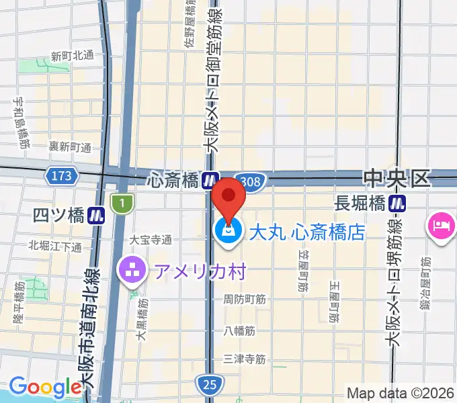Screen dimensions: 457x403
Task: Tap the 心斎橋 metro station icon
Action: tap(211, 179)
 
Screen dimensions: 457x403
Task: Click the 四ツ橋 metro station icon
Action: tap(98, 216)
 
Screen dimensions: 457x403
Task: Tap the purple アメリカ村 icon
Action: tap(130, 271)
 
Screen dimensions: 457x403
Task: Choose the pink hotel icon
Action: tap(440, 224)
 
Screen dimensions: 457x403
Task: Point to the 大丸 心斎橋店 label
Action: tap(307, 232)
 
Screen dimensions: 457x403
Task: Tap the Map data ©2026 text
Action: tap(401, 393)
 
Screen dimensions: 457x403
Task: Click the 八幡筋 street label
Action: tap(241, 330)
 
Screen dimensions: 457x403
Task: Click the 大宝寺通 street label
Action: tap(151, 239)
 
